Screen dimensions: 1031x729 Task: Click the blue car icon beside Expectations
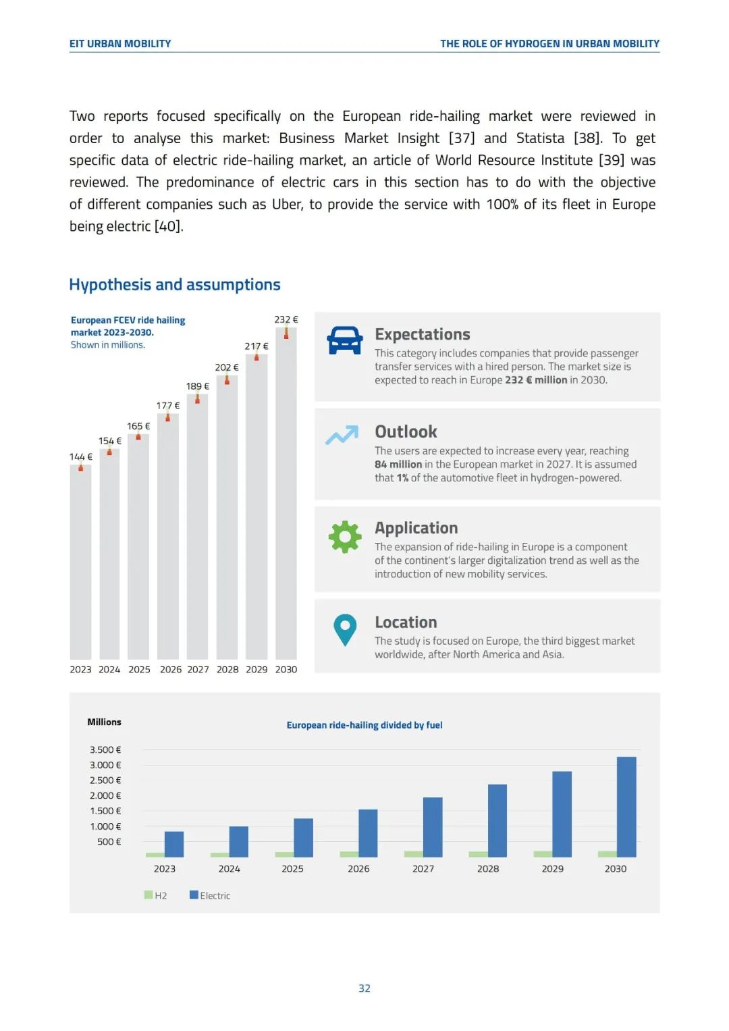coord(344,340)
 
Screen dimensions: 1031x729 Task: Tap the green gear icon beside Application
coord(345,537)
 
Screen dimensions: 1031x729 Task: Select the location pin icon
coord(345,629)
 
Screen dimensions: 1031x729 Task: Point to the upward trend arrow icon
coord(342,435)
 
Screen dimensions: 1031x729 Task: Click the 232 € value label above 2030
coord(286,319)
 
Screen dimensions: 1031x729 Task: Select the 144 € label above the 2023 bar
coord(81,457)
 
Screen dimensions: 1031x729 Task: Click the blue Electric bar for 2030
coord(626,807)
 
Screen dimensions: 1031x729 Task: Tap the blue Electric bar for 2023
coord(174,844)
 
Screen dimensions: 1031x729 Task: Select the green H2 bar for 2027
coord(414,854)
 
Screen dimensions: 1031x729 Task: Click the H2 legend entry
coord(156,895)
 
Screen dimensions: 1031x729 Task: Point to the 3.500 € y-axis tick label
coord(105,749)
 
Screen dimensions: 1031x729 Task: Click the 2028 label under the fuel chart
coord(488,869)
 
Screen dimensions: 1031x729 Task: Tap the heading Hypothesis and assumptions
coord(175,285)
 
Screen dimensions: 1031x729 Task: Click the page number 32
coord(364,988)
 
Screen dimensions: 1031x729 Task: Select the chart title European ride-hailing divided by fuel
coord(364,725)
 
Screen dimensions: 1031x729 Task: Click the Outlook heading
coord(406,431)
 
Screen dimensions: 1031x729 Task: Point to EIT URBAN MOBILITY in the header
coord(120,44)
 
